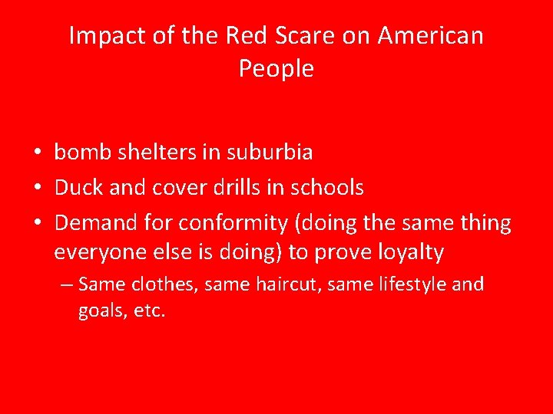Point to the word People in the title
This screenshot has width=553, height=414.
(276, 69)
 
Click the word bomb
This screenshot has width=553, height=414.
(81, 153)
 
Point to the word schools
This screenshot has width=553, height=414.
(326, 188)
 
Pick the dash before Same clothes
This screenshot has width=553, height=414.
(67, 285)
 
